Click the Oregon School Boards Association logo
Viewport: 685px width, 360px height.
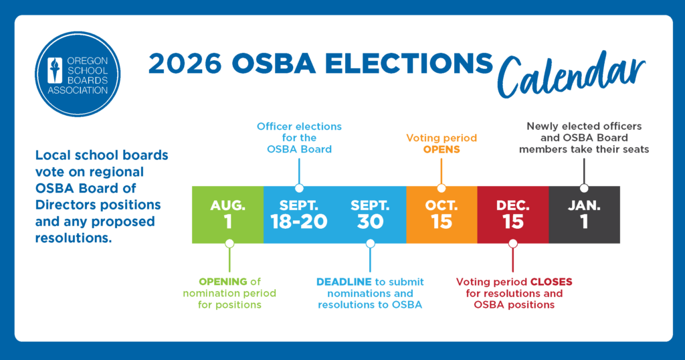(x=78, y=74)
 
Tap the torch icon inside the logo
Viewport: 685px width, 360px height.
(x=55, y=70)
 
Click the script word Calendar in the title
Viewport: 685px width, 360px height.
(x=571, y=74)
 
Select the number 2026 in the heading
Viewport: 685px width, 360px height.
(x=185, y=64)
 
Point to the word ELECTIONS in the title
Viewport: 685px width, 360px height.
(x=409, y=64)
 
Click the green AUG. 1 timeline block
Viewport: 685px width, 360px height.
(x=228, y=215)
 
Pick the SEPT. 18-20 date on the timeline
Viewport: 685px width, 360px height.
(x=299, y=215)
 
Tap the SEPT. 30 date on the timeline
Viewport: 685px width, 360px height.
(x=370, y=215)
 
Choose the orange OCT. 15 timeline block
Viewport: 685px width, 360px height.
(x=442, y=215)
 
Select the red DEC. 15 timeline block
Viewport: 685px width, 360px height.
(x=513, y=215)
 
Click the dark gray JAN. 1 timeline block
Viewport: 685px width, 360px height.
(x=584, y=215)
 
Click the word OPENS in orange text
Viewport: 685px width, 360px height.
(x=442, y=149)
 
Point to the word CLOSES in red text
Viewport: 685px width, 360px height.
(x=551, y=282)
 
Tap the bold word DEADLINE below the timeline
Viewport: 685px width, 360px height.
(x=345, y=282)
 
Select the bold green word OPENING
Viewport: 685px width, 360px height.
(x=223, y=282)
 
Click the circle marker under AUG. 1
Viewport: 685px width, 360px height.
(x=229, y=244)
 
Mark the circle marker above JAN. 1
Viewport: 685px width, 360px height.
(x=584, y=188)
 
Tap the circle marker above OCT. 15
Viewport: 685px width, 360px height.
(x=442, y=188)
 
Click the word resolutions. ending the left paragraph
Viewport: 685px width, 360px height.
(x=74, y=238)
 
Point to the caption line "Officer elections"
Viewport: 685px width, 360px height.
(x=299, y=126)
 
